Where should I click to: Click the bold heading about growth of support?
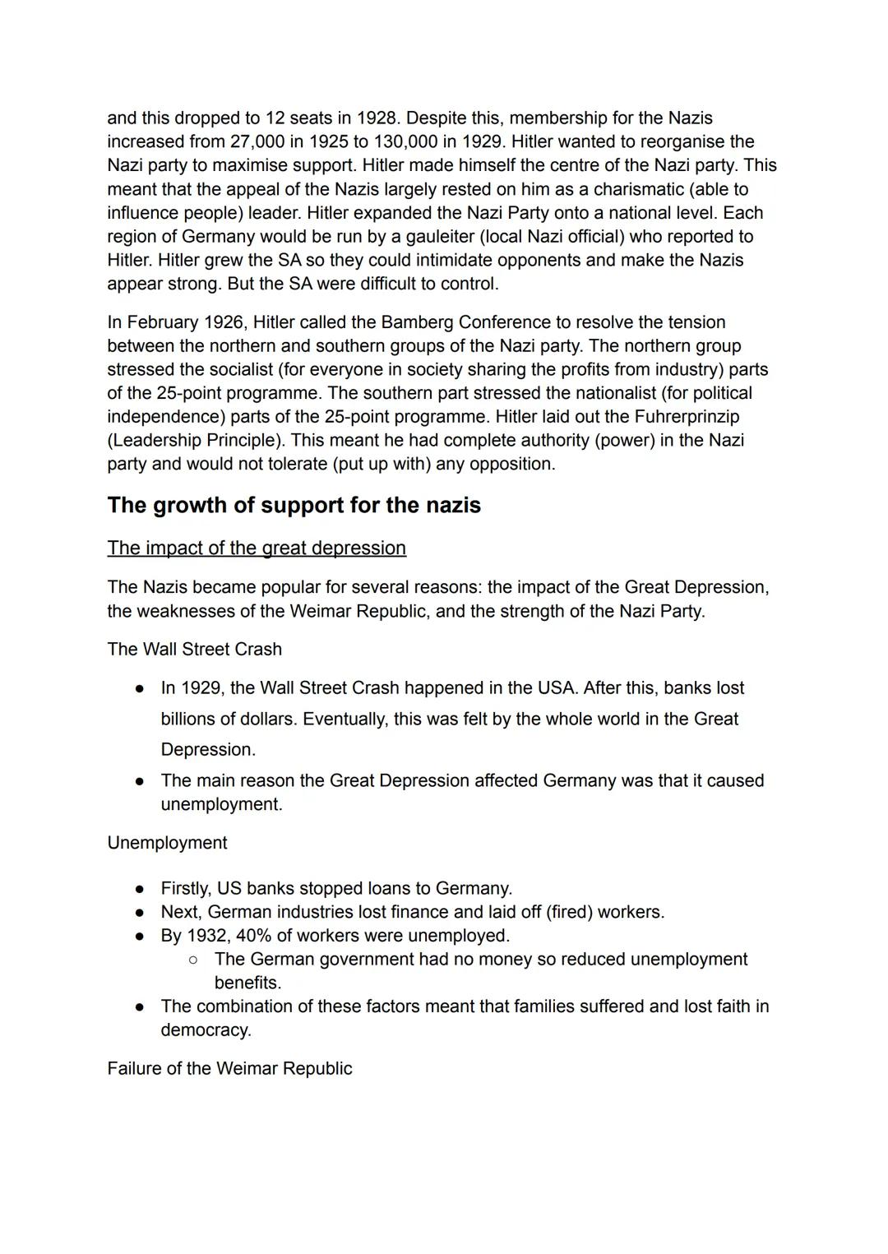coord(294,505)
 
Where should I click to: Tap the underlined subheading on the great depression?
coord(257,548)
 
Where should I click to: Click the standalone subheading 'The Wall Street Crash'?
coord(194,650)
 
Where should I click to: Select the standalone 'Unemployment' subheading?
coord(167,844)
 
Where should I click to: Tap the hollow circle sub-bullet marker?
coord(192,960)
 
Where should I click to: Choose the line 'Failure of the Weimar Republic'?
coord(229,1069)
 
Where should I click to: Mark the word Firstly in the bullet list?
coord(185,889)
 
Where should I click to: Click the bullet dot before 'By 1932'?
coord(141,936)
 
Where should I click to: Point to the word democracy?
coord(205,1030)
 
